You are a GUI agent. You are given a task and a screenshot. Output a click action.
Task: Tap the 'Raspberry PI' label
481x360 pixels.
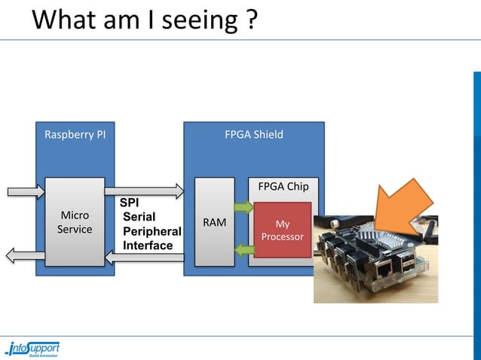(75, 135)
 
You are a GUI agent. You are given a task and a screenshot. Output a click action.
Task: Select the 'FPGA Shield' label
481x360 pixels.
(254, 135)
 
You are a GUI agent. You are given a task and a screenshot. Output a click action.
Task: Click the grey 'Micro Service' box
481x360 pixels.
(75, 222)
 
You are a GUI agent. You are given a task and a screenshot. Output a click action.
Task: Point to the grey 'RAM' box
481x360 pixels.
(215, 222)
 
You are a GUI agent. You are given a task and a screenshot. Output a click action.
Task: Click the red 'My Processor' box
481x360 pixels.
(282, 230)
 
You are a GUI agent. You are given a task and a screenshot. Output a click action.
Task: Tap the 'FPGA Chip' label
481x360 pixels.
(283, 186)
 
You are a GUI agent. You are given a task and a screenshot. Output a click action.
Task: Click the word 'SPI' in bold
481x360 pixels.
(128, 203)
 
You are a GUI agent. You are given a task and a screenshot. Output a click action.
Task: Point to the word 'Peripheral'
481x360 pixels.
(152, 231)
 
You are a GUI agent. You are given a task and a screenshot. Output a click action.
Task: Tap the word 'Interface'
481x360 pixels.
(148, 246)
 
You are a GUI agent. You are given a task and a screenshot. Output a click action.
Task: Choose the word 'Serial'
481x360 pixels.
(139, 217)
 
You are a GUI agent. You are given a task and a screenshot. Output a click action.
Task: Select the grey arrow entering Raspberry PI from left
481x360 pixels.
(25, 191)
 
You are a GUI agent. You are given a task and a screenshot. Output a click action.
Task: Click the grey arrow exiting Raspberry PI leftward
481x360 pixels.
(25, 252)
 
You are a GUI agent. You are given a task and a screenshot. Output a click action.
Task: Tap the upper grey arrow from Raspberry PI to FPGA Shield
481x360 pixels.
(143, 191)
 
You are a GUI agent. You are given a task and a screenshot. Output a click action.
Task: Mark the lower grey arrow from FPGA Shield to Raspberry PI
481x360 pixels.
(143, 258)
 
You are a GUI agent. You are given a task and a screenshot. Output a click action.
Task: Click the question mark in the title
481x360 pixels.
(252, 20)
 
